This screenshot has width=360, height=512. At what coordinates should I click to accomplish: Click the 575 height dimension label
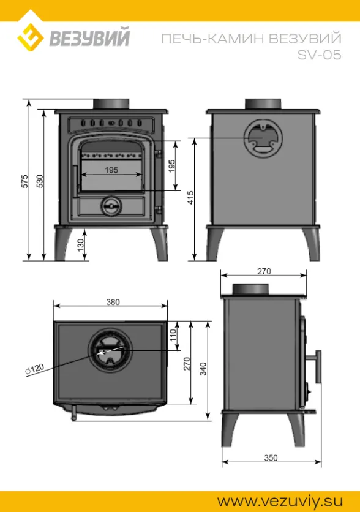click(25, 181)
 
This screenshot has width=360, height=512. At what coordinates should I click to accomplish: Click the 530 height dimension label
click(40, 181)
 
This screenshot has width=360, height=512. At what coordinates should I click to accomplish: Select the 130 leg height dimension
click(81, 244)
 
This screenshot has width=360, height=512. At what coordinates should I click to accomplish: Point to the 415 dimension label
click(190, 198)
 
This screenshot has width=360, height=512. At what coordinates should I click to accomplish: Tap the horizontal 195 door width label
click(111, 170)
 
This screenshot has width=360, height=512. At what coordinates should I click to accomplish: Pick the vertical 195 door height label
click(172, 166)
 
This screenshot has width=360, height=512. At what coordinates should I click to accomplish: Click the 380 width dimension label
click(113, 302)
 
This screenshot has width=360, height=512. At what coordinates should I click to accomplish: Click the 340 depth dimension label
click(203, 369)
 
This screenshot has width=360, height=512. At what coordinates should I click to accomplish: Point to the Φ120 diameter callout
click(35, 369)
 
